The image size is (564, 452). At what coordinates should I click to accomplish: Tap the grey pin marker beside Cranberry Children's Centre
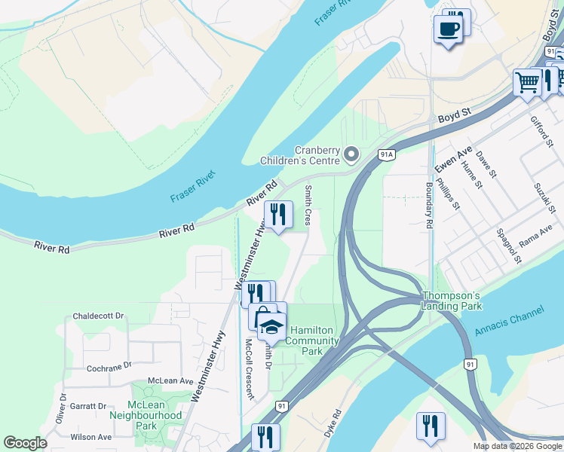[x=351, y=155]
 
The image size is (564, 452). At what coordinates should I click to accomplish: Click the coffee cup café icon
[x=449, y=29]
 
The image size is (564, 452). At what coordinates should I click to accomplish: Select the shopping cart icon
[x=527, y=81]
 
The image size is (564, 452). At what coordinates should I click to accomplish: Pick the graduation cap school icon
[x=271, y=326]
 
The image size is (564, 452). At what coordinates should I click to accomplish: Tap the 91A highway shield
[x=387, y=155]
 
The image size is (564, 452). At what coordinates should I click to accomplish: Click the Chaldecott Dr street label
[x=98, y=316]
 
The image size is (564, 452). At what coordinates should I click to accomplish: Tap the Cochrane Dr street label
[x=109, y=365]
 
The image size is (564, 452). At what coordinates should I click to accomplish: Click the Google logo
[x=26, y=443]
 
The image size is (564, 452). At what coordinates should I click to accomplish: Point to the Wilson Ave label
[x=90, y=437]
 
